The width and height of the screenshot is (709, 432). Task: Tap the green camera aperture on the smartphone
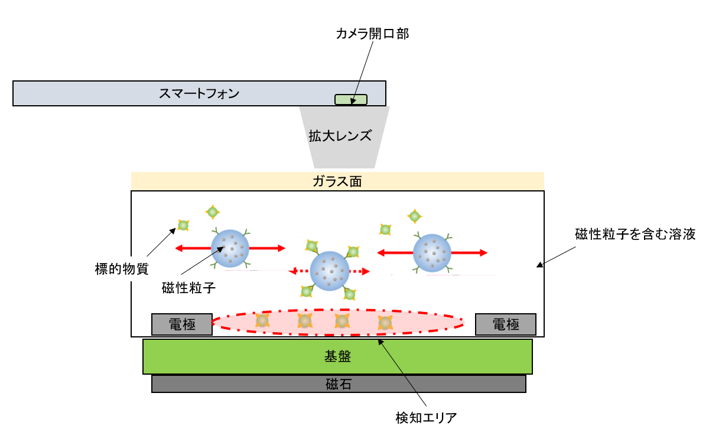pos(351,100)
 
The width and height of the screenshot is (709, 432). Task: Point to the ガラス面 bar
pos(337,181)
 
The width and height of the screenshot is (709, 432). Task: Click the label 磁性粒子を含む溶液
pos(635,234)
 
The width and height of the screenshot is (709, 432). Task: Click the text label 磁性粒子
pos(186,288)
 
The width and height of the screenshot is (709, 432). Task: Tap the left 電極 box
pos(181,324)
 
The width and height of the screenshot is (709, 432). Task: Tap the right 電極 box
pos(505,324)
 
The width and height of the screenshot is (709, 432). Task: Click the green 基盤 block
pos(337,356)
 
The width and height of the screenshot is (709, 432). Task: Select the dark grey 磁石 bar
pos(339,384)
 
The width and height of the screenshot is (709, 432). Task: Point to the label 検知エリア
pos(426,418)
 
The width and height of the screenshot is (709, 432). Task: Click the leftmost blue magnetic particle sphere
pos(230,249)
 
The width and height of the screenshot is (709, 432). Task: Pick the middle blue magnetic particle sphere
pos(330,271)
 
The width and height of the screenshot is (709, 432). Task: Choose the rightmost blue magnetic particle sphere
pos(432,252)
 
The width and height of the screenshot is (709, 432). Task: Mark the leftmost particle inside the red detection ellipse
pos(262,321)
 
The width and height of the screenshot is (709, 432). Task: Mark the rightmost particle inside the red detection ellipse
pos(385,323)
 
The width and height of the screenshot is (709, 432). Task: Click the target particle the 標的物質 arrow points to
pos(183,225)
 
